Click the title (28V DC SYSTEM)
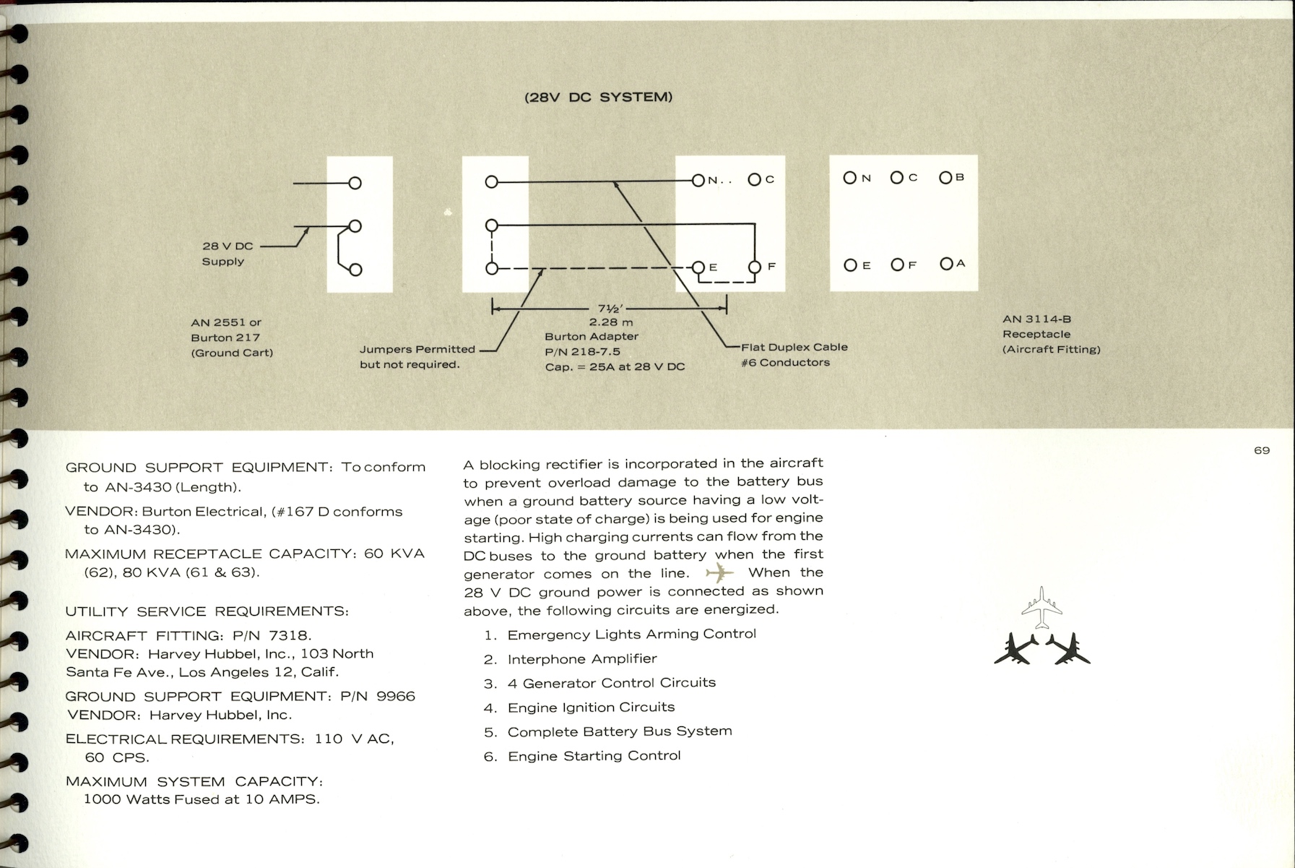[x=598, y=97]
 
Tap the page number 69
[x=1261, y=450]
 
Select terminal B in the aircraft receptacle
[x=945, y=177]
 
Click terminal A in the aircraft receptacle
[x=946, y=264]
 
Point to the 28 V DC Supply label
[x=227, y=254]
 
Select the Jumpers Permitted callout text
[x=417, y=357]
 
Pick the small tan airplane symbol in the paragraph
[x=719, y=574]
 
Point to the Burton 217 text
[x=225, y=338]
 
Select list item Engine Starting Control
[x=594, y=756]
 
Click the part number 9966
[x=396, y=696]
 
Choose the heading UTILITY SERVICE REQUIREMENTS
[x=207, y=611]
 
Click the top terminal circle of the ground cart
[x=355, y=183]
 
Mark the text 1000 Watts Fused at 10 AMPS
[x=202, y=799]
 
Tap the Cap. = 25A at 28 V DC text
[x=615, y=366]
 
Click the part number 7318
[x=289, y=635]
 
